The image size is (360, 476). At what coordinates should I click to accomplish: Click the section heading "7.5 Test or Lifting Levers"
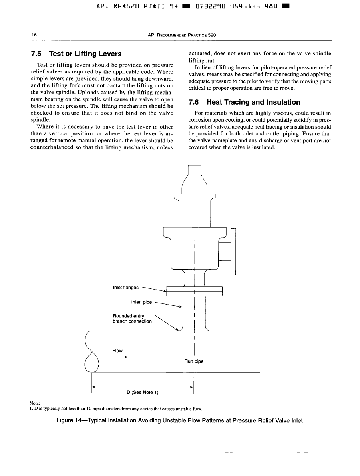coord(76,54)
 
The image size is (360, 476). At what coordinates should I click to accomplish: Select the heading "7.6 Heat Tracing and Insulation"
coord(244,102)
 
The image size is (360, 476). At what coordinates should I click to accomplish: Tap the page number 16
coord(34,35)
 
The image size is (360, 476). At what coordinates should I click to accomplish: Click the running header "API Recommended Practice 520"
coord(182,35)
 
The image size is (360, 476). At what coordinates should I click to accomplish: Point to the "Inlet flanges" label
coord(126,287)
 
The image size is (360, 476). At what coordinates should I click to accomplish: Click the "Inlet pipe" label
coord(141,302)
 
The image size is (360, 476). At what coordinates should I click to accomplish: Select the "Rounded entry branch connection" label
coord(133,318)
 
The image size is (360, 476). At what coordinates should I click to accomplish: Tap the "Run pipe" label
coord(194,361)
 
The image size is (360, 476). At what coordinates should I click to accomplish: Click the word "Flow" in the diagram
coord(117,351)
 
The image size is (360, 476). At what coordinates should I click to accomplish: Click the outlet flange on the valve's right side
coord(233,252)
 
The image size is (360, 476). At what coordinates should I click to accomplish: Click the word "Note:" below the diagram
coord(35,403)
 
